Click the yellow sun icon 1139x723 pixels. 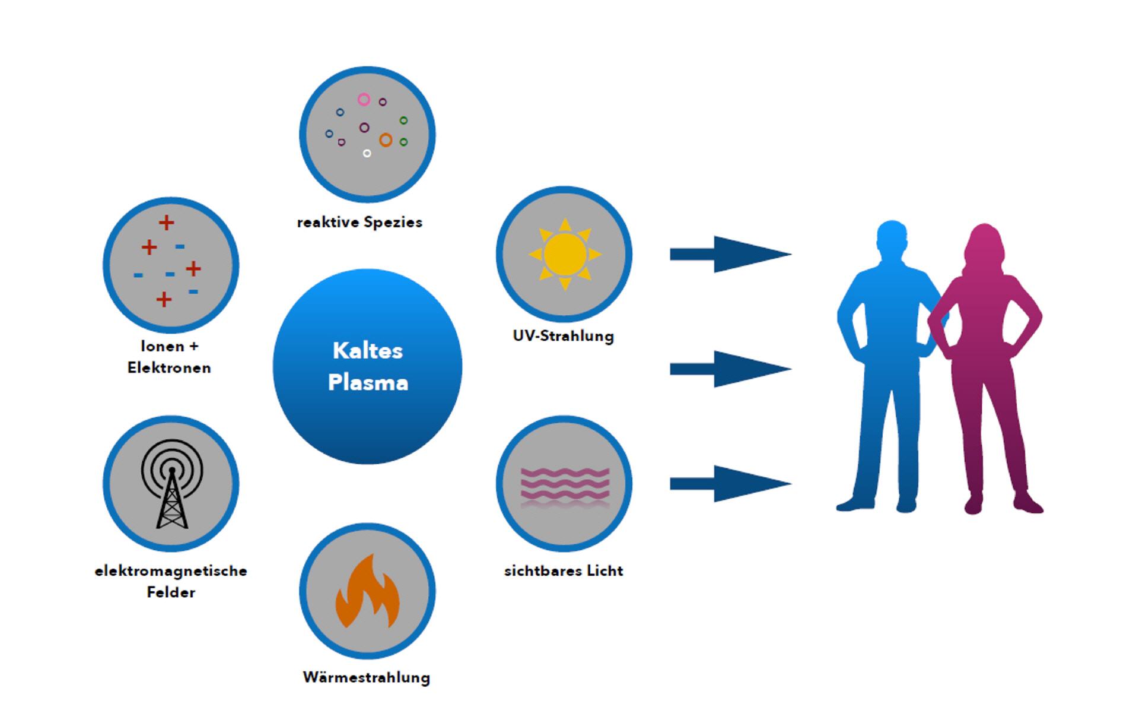tap(564, 254)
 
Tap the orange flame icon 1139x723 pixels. tap(367, 593)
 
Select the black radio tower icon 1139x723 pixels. tap(171, 484)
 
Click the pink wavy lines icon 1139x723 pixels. tap(564, 486)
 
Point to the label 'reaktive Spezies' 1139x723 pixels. tap(359, 223)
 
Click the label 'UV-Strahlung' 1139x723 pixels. tap(563, 336)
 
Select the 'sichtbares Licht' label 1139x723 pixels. tap(563, 571)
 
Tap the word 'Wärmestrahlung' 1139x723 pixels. tap(366, 677)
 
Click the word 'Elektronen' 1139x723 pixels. tap(169, 368)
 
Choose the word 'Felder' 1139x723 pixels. tap(171, 592)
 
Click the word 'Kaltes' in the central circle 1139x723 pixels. tap(367, 351)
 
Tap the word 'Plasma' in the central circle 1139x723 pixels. tap(368, 383)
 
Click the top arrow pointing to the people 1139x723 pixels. tap(730, 254)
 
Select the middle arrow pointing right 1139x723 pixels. tap(730, 369)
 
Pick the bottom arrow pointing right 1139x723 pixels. tap(730, 484)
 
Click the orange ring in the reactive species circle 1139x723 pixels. tap(386, 140)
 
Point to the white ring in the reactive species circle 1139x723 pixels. tap(367, 153)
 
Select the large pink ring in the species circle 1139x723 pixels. tap(364, 100)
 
